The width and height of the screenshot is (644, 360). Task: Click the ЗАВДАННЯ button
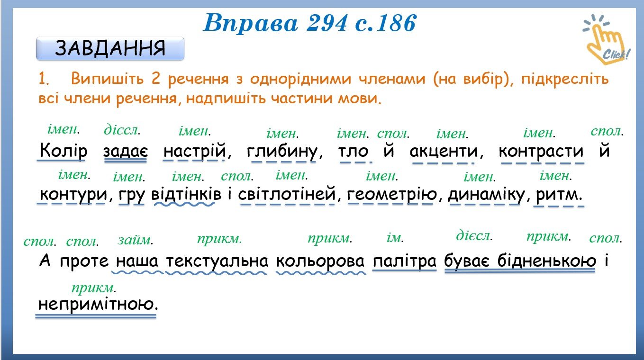tap(110, 48)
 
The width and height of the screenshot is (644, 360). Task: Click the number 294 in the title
tap(327, 23)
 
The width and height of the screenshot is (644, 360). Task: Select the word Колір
tap(63, 151)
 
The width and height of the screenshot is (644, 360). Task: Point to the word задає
tap(126, 151)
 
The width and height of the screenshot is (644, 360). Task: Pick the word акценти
tap(444, 152)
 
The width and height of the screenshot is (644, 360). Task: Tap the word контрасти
tap(541, 152)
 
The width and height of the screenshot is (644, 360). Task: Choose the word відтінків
tap(186, 194)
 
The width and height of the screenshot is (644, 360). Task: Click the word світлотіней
tap(287, 194)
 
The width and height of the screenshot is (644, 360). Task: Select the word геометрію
tap(391, 195)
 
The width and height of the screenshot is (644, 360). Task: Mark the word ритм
tap(559, 195)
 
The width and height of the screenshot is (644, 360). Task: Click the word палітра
tap(405, 261)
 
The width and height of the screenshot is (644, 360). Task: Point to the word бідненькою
tap(546, 261)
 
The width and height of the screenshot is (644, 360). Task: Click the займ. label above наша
tap(135, 240)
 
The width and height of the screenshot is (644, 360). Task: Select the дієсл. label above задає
tap(122, 130)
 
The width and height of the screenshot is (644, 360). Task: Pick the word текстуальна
tap(217, 261)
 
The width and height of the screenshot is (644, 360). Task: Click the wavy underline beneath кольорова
tap(321, 273)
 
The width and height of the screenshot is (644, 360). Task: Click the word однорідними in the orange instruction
tap(301, 79)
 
